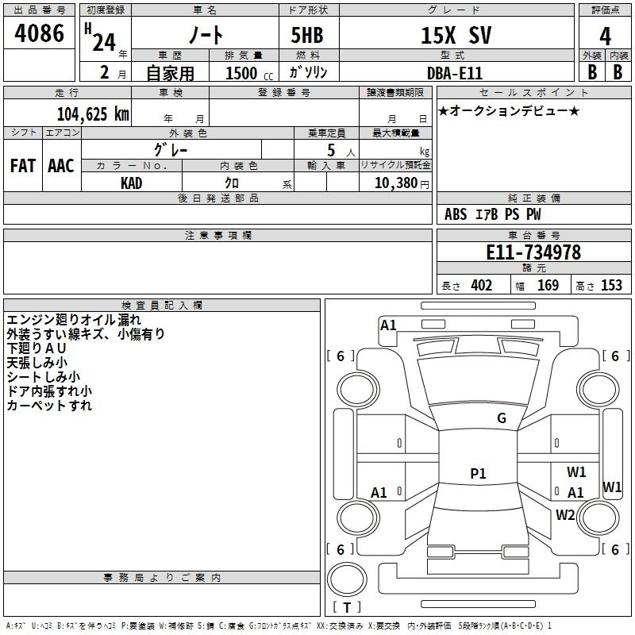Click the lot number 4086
click(x=39, y=33)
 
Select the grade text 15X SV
click(x=456, y=35)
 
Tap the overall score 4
click(x=605, y=37)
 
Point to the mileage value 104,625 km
click(x=93, y=114)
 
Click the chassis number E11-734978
click(x=533, y=252)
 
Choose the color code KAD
click(x=132, y=183)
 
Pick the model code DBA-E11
click(x=455, y=73)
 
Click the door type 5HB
click(x=307, y=35)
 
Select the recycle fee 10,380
click(x=396, y=183)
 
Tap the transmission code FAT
click(x=23, y=166)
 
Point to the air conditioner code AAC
click(x=61, y=166)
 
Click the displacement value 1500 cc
click(x=249, y=73)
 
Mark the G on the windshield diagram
click(x=502, y=418)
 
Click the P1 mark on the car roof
click(x=478, y=473)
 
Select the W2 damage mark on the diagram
click(x=565, y=515)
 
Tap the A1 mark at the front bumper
click(x=388, y=325)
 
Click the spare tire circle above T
click(x=347, y=579)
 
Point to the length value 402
click(x=482, y=286)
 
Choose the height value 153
click(x=611, y=286)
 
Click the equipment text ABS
click(x=456, y=214)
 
